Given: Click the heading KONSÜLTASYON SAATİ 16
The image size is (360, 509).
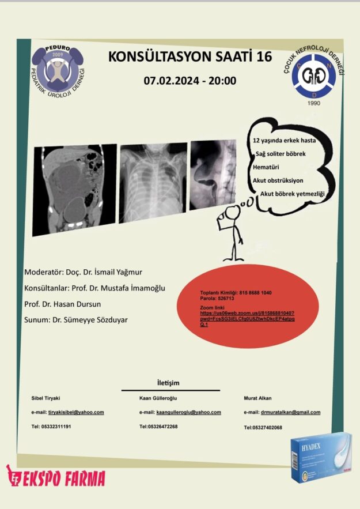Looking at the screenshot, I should (190, 56).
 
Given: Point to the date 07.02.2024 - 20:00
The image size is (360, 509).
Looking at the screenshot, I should (190, 81).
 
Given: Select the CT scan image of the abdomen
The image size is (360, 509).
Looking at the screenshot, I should (75, 188).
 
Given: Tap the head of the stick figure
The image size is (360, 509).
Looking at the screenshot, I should (232, 213).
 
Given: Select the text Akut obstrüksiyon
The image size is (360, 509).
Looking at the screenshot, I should (278, 180).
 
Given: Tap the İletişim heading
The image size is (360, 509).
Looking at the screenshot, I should (170, 383).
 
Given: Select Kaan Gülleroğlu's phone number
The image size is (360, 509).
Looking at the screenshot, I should (158, 427).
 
